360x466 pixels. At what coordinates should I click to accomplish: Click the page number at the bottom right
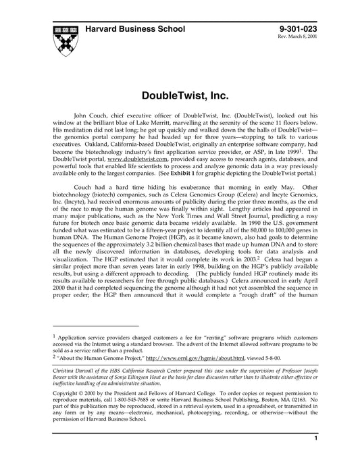[316, 457]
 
